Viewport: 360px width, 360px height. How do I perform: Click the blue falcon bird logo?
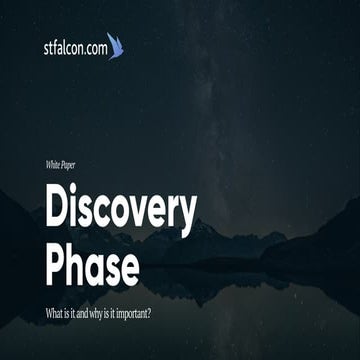[114, 45]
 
